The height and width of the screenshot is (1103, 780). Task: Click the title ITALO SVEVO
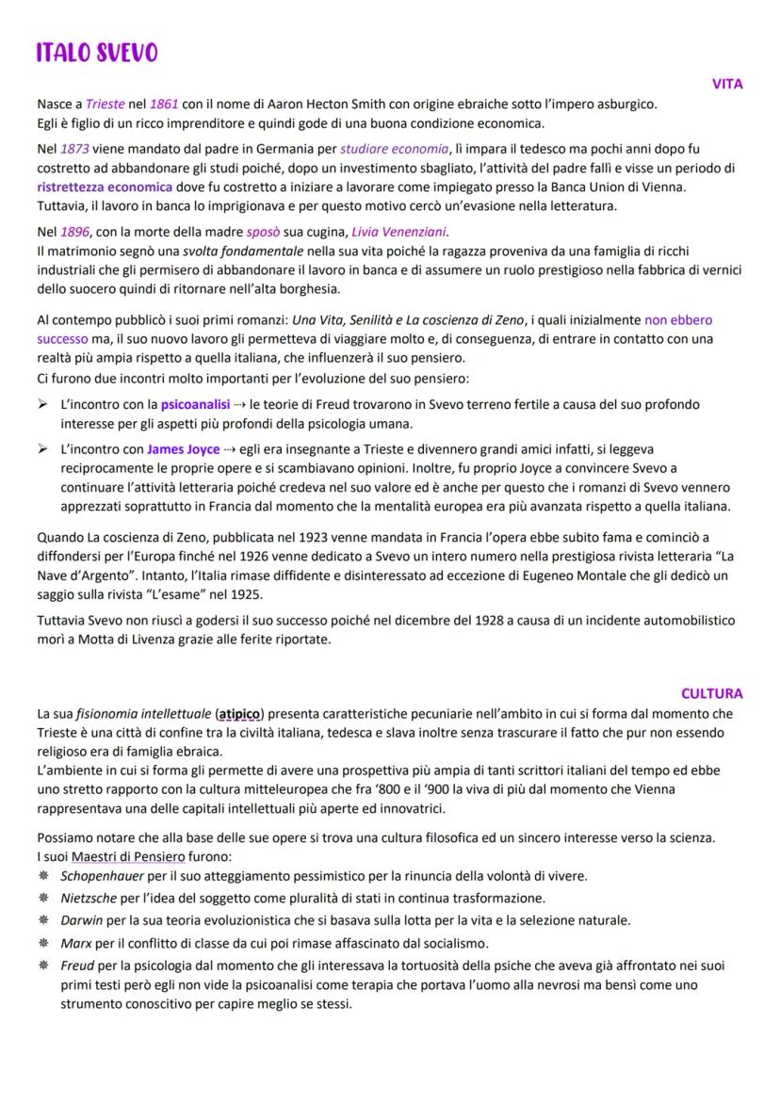[97, 54]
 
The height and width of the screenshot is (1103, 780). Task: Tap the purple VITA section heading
[726, 84]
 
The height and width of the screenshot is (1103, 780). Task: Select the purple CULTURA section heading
[711, 693]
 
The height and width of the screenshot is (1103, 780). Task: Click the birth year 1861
[164, 104]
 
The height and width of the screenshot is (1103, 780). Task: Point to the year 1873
[75, 149]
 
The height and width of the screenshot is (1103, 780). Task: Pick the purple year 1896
[75, 232]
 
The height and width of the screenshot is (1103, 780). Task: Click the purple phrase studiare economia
[394, 149]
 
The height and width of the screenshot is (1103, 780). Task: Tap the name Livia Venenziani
[399, 232]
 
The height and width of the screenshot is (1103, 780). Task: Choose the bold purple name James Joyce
[184, 449]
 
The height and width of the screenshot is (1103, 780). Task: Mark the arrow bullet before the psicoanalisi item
[43, 405]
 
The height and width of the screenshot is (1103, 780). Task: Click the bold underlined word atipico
[239, 713]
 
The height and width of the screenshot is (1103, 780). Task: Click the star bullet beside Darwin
[43, 920]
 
